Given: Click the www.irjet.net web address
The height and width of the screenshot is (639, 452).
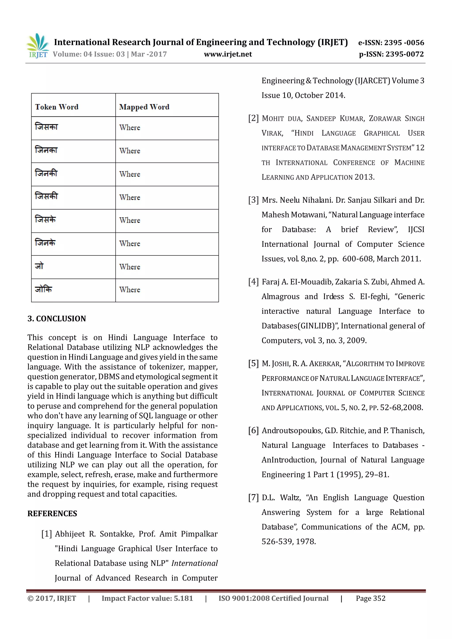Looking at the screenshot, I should click(228, 54).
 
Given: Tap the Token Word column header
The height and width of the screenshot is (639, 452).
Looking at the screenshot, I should click(57, 107).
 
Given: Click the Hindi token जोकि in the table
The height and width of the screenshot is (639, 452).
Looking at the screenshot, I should click(43, 289).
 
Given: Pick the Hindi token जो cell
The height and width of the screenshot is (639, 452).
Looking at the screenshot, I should click(39, 266).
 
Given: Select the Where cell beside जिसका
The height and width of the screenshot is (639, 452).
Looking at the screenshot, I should click(130, 127).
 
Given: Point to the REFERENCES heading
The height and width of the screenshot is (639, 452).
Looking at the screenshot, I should click(52, 513).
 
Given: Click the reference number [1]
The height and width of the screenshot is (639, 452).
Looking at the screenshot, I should click(47, 534).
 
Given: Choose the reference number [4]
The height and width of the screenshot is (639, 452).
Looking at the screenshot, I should click(253, 282).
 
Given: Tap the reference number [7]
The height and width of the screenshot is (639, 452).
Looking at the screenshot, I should click(253, 497).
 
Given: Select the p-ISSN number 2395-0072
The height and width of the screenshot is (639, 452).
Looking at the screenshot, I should click(391, 54).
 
